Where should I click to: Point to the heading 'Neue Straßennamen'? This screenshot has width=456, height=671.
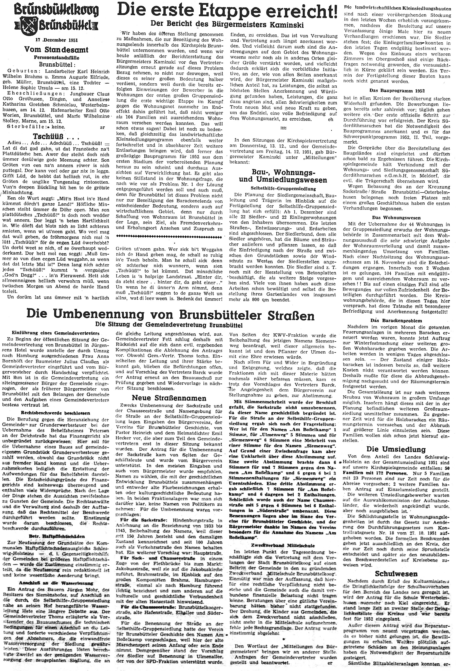click(169, 398)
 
